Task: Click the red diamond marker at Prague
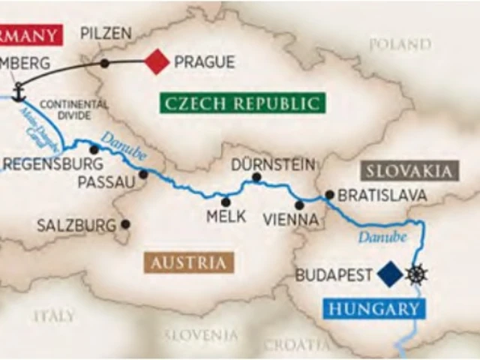point(157,61)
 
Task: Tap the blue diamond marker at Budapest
point(390,274)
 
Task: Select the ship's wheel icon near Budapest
point(416,274)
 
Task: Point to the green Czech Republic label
point(242,103)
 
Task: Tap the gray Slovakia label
point(409,170)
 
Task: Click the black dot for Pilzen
point(104,62)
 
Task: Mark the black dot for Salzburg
point(125,223)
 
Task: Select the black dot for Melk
point(226,201)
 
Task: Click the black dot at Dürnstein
point(256,178)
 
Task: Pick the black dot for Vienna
point(299,205)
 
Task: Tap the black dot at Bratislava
point(328,195)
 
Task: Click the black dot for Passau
point(143,174)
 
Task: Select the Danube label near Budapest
point(382,237)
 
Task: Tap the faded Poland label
point(400,44)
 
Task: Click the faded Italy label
point(54,316)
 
